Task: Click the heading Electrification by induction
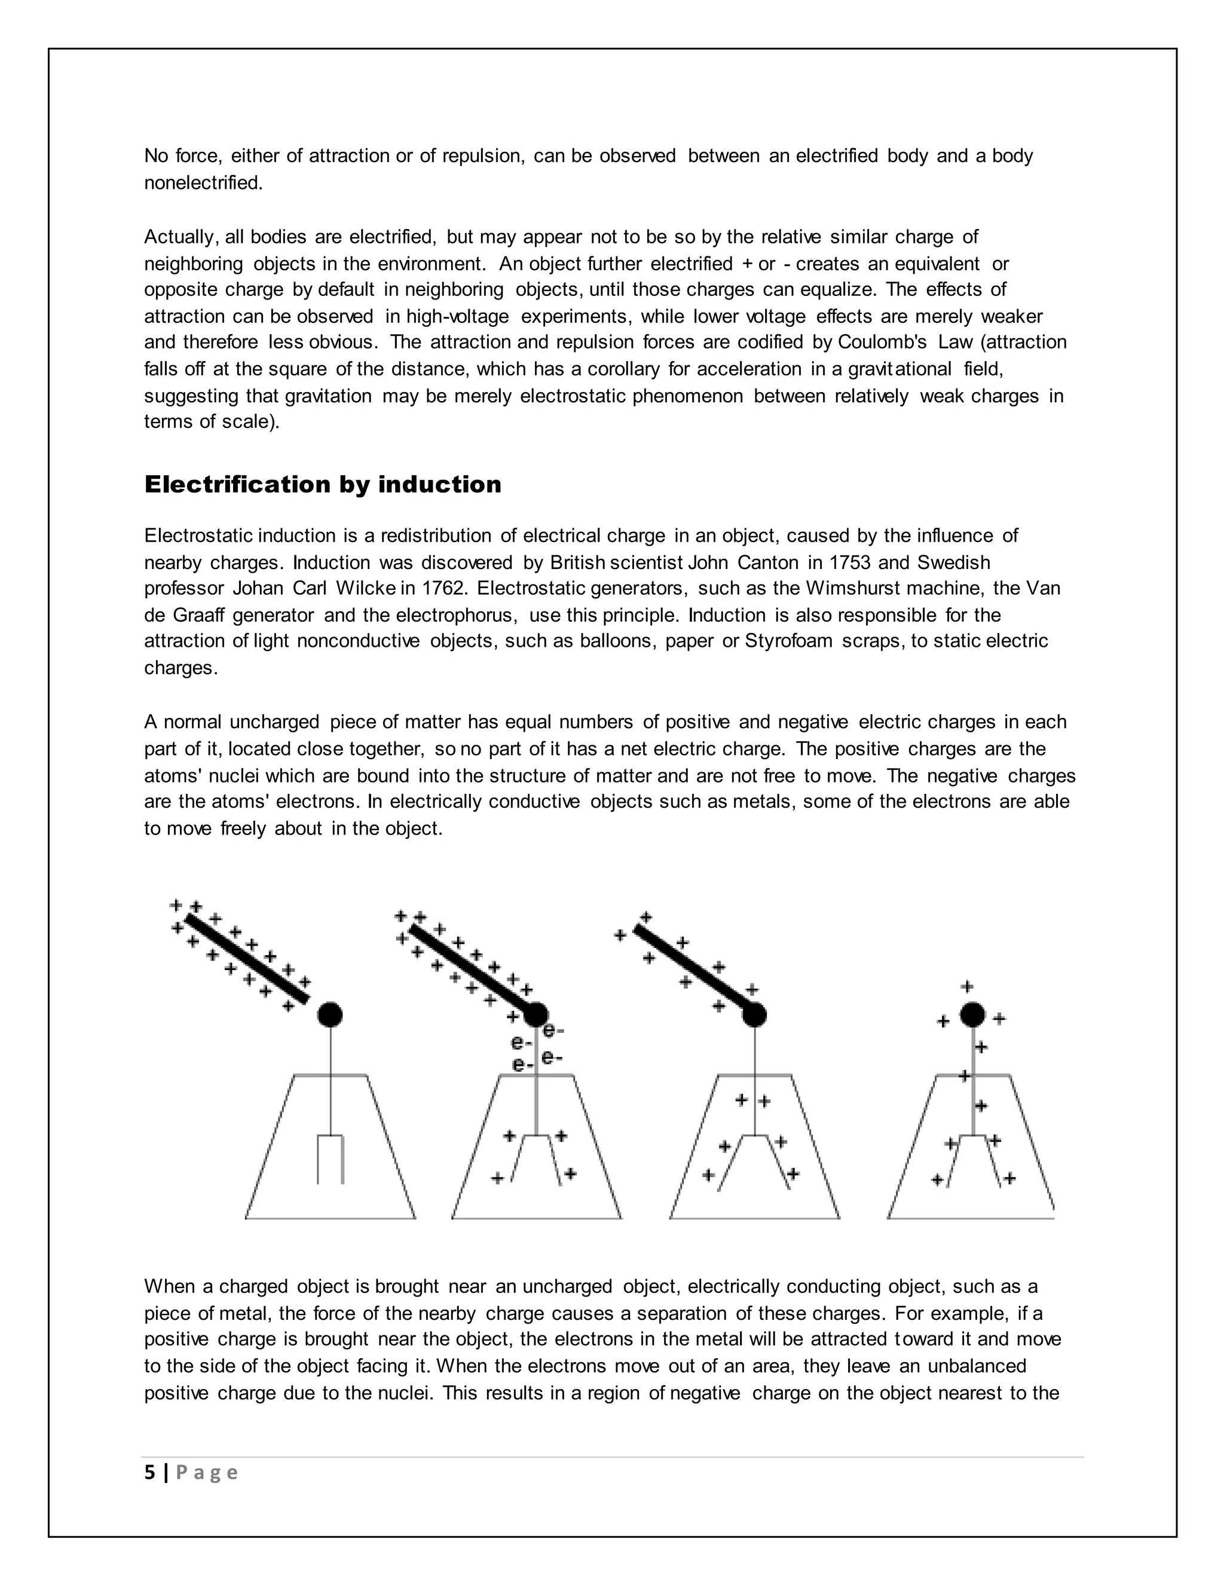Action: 323,485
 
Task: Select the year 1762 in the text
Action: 442,588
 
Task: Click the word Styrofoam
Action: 788,641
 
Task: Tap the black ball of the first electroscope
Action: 330,1015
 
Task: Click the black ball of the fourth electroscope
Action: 972,1015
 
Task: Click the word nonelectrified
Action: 203,183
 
